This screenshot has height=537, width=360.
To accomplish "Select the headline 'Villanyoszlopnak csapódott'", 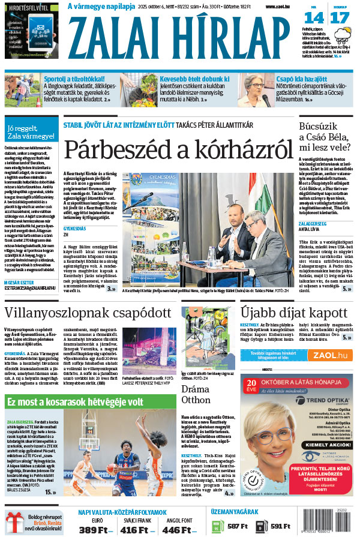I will pyautogui.click(x=89, y=313).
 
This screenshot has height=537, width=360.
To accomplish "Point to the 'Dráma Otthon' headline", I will pyautogui.click(x=196, y=394).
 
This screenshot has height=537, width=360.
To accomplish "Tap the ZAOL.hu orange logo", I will pyautogui.click(x=329, y=355).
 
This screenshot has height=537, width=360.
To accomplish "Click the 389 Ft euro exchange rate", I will pyautogui.click(x=96, y=530).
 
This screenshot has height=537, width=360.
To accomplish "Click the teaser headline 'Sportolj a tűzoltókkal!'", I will pyautogui.click(x=74, y=78).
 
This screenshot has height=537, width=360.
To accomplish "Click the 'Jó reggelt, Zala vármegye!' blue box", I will pyautogui.click(x=30, y=132).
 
